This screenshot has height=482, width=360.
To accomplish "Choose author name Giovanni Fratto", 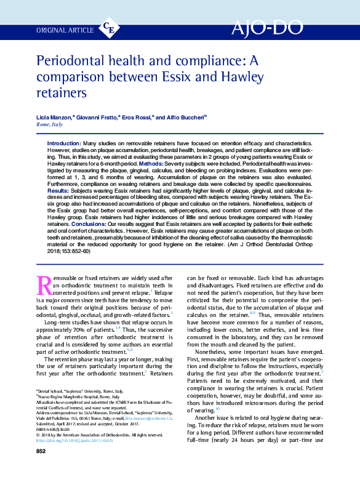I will tap(99, 117).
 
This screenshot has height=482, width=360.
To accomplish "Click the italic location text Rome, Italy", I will tap(50, 124).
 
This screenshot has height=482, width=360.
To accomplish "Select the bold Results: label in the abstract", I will tap(58, 191).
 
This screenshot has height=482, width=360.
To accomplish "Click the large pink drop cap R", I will tap(44, 285).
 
